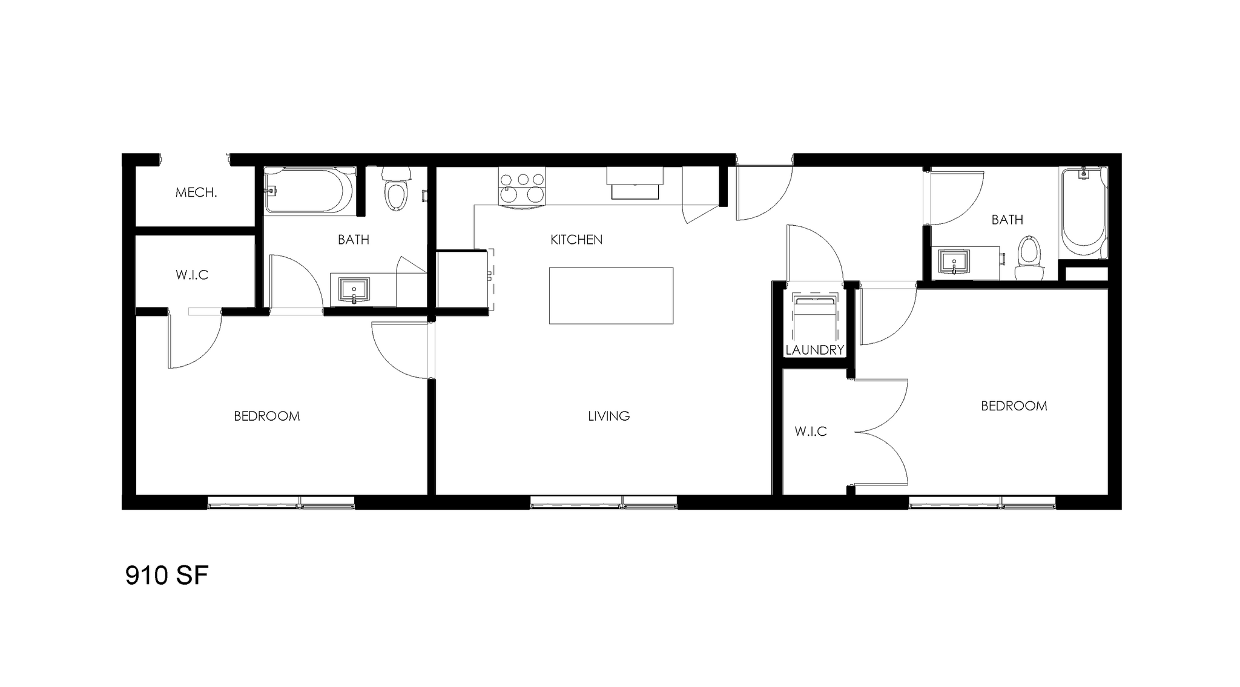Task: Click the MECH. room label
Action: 196,193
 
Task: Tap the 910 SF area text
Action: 167,576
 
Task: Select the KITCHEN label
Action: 576,240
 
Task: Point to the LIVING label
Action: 608,416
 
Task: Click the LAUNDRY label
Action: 814,350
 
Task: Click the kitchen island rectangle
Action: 611,295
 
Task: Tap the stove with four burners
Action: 521,187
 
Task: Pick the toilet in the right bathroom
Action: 1029,257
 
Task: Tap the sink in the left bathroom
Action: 354,291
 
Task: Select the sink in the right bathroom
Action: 954,262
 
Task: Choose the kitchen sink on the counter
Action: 635,183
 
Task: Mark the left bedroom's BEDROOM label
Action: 266,416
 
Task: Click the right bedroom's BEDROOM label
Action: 1014,406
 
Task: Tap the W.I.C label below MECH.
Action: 192,275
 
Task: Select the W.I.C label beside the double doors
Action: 810,432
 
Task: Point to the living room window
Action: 603,502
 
